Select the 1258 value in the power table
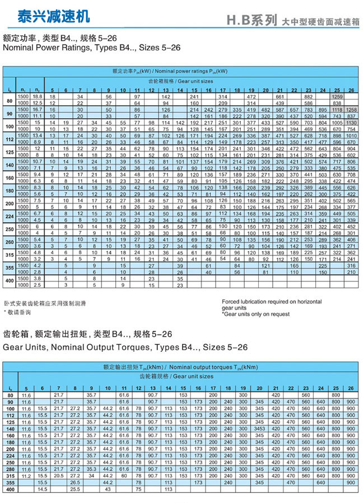click(x=351, y=109)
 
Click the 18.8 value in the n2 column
click(x=38, y=97)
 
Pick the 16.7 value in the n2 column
click(x=38, y=109)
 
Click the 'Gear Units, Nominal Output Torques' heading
click(x=125, y=347)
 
